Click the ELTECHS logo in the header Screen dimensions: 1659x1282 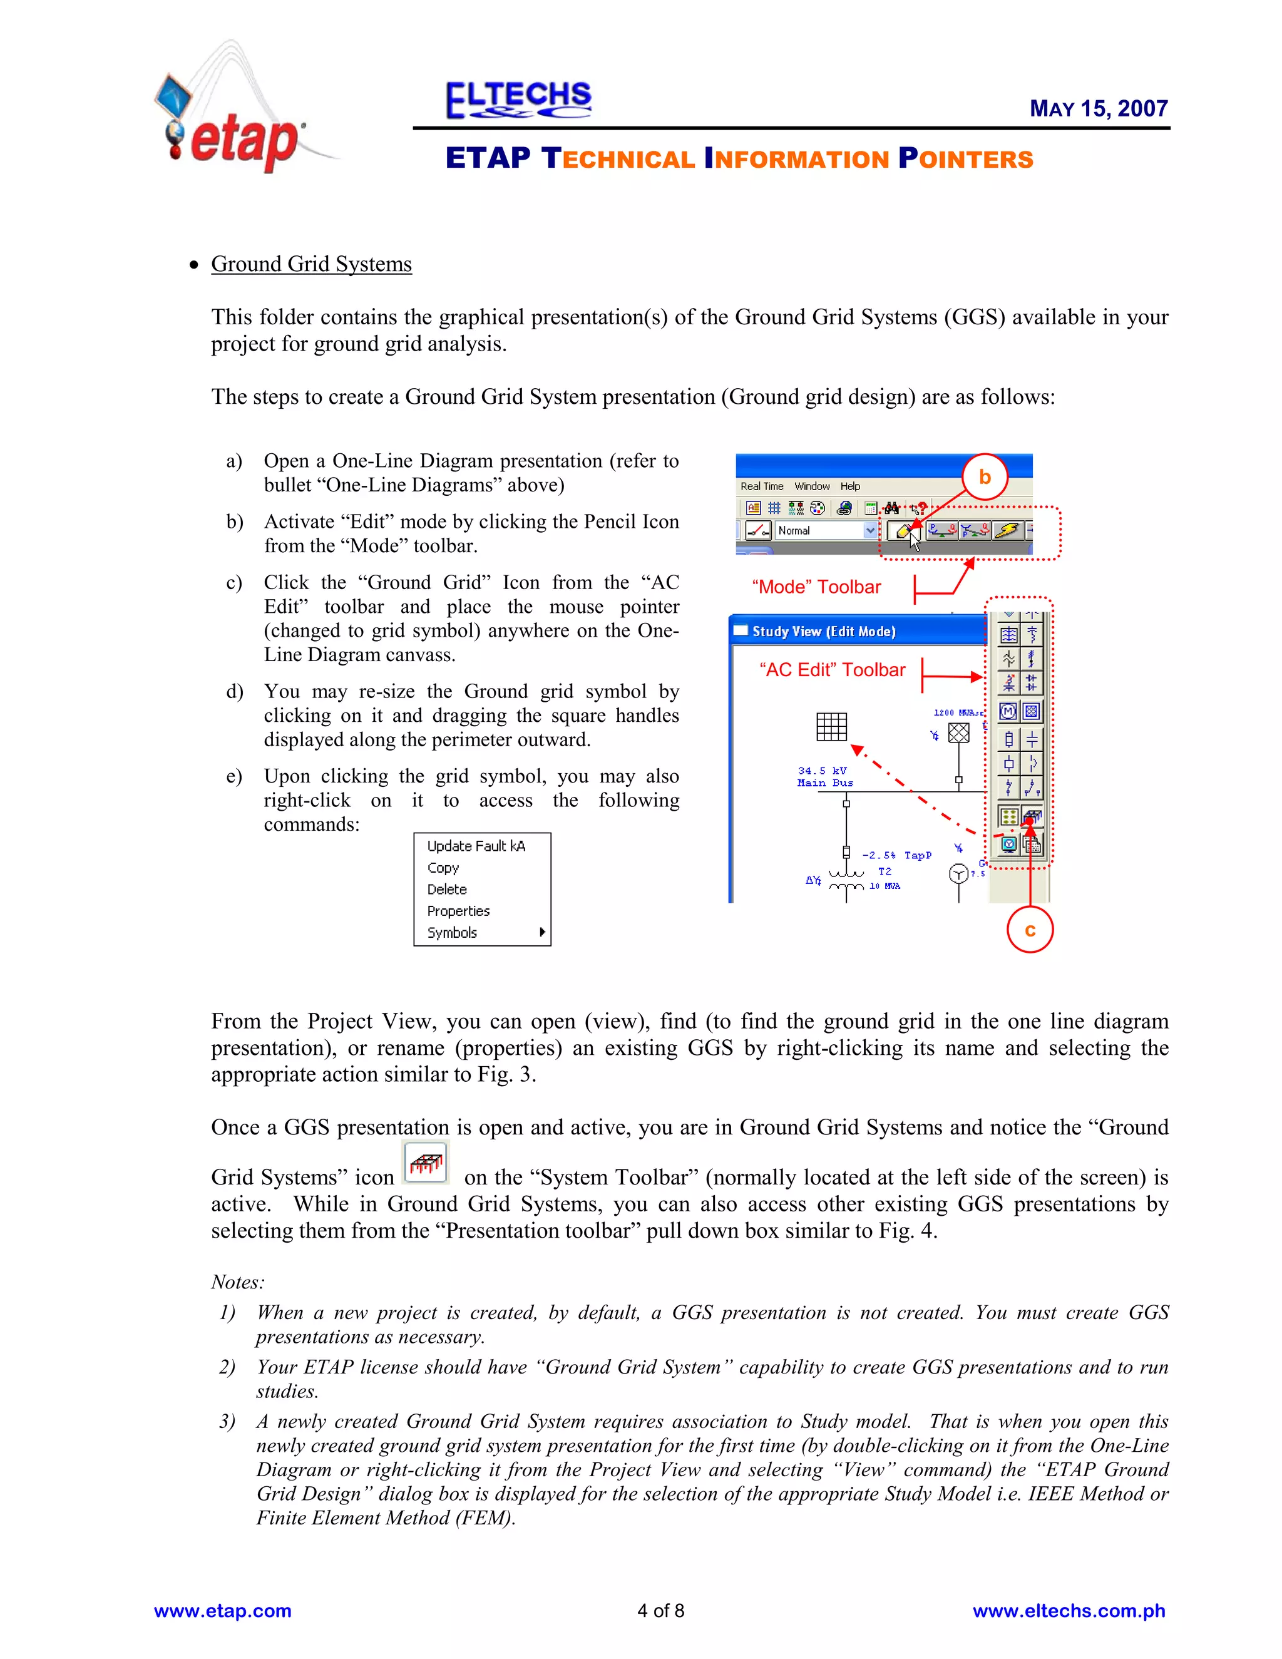tap(519, 100)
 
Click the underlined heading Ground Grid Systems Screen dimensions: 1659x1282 tap(311, 264)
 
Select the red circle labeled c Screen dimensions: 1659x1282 tap(1030, 930)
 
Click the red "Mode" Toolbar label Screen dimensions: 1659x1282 tap(816, 587)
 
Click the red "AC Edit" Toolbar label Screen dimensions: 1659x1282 tap(833, 670)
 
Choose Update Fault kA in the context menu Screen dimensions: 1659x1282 tap(476, 846)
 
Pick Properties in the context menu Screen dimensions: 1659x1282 tap(458, 911)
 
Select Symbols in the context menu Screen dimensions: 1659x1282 tap(453, 933)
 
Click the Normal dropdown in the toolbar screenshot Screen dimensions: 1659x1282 tap(826, 530)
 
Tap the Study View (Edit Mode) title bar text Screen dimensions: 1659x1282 tap(824, 631)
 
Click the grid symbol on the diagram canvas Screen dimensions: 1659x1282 tap(832, 726)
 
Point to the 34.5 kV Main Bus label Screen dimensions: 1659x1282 tap(825, 776)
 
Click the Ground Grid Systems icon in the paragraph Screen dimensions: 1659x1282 tap(426, 1162)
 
